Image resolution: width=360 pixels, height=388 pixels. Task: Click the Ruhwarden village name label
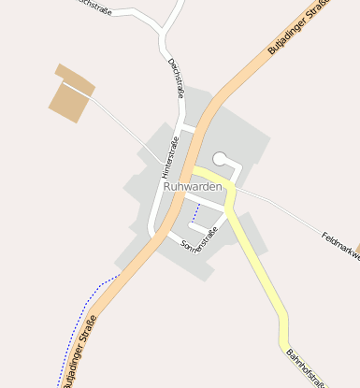click(x=193, y=187)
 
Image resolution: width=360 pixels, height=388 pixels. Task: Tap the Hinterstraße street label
click(x=169, y=156)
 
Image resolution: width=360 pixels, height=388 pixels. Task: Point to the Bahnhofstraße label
click(x=306, y=367)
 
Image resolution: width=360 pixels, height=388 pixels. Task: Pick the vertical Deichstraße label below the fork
click(x=175, y=78)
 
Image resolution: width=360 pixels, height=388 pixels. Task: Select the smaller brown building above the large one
click(x=75, y=78)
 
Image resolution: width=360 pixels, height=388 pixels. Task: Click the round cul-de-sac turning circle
click(x=221, y=159)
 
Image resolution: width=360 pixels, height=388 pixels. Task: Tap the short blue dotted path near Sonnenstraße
click(x=195, y=215)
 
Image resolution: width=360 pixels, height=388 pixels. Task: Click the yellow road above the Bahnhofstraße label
click(x=271, y=298)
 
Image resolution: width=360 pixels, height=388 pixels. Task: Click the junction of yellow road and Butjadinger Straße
click(x=195, y=172)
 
